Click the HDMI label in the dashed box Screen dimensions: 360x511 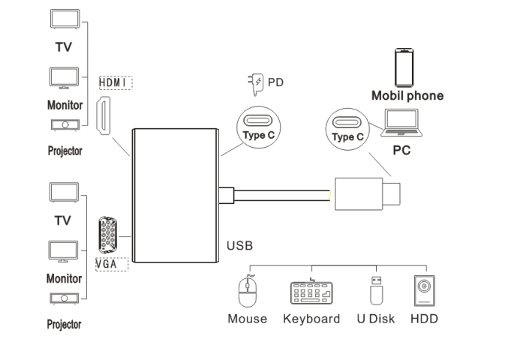(x=115, y=82)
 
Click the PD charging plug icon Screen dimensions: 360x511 (x=256, y=83)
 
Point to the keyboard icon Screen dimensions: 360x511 (x=311, y=292)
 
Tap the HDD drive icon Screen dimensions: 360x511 (x=424, y=291)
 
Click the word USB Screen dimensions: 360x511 (x=239, y=245)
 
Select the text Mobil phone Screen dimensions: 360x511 (x=407, y=96)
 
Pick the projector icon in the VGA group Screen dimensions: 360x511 (x=64, y=299)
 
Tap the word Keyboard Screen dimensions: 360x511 (x=311, y=319)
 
